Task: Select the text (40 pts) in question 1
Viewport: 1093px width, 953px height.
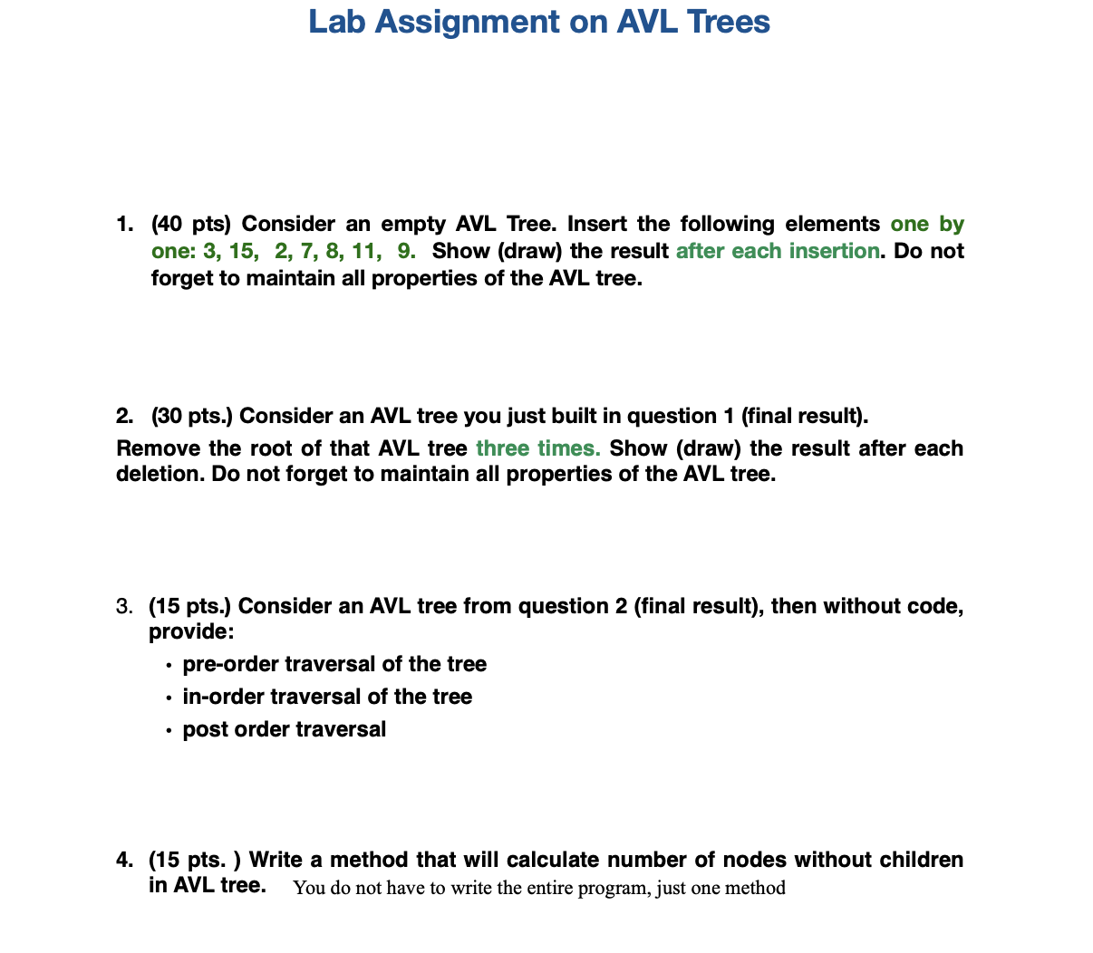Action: click(x=191, y=224)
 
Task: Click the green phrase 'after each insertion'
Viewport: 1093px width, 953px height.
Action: click(x=777, y=251)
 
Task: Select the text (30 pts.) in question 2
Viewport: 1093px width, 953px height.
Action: click(x=191, y=416)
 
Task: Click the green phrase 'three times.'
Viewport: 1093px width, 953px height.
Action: click(x=537, y=448)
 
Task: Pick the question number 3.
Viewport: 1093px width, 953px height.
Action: click(x=124, y=606)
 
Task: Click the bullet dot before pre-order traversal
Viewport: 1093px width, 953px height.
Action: click(x=169, y=666)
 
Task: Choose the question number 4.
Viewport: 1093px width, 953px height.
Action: click(x=124, y=860)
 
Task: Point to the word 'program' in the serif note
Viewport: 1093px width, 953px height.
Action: click(x=620, y=888)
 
